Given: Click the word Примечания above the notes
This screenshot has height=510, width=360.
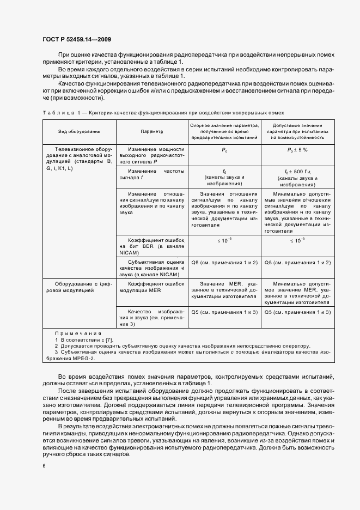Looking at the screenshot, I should point(78,333).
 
